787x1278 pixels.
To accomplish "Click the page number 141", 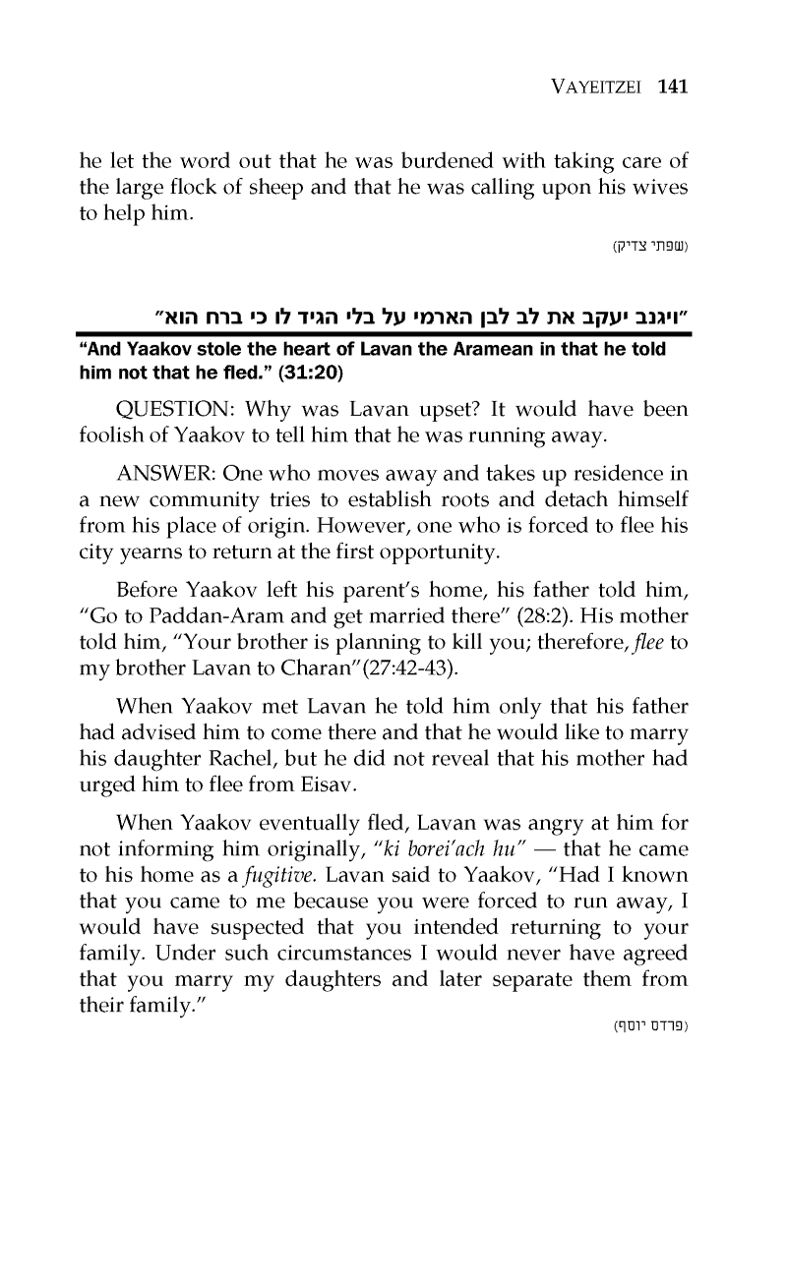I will tap(672, 87).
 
